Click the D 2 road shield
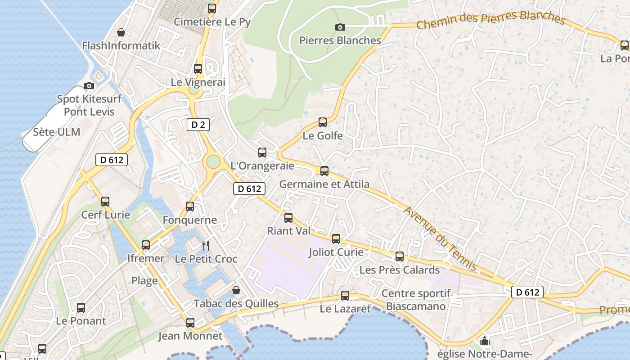click(198, 125)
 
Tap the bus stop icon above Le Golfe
click(323, 122)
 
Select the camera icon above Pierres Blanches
click(340, 27)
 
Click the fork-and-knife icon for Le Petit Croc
click(206, 245)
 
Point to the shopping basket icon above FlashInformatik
click(121, 32)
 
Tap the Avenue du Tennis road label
click(440, 238)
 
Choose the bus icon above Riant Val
click(288, 218)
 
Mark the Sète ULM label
click(57, 132)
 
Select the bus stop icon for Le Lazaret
click(345, 296)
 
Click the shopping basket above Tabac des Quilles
click(236, 291)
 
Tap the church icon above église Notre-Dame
click(484, 341)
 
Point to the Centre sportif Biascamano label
click(416, 300)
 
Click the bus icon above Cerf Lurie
click(105, 202)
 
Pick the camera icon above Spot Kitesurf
click(89, 85)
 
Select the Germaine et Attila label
click(324, 184)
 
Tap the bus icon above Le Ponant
click(81, 308)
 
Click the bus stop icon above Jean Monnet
click(190, 323)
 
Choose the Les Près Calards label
click(400, 270)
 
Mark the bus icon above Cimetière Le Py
click(212, 8)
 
